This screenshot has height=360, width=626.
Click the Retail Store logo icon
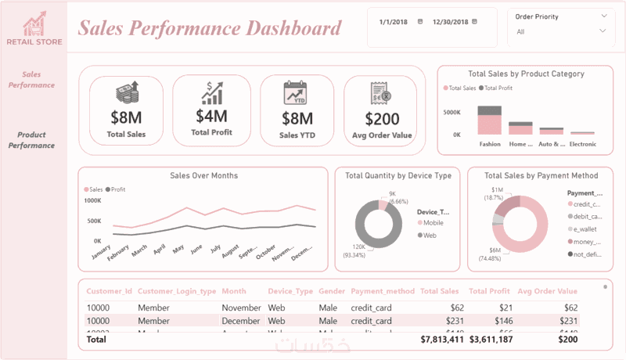click(33, 24)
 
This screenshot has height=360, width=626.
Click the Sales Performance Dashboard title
click(210, 29)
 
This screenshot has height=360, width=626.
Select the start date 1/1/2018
click(394, 22)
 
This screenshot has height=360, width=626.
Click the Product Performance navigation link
click(36, 140)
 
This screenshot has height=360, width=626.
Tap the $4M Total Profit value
click(211, 116)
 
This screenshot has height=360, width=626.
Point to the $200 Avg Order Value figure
click(381, 119)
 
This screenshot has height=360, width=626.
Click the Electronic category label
click(582, 144)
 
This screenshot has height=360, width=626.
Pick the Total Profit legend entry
click(498, 88)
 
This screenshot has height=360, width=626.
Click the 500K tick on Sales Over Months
click(92, 221)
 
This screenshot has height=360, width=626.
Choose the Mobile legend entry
click(433, 223)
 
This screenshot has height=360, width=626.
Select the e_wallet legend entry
click(586, 229)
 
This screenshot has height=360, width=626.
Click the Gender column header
click(332, 291)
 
